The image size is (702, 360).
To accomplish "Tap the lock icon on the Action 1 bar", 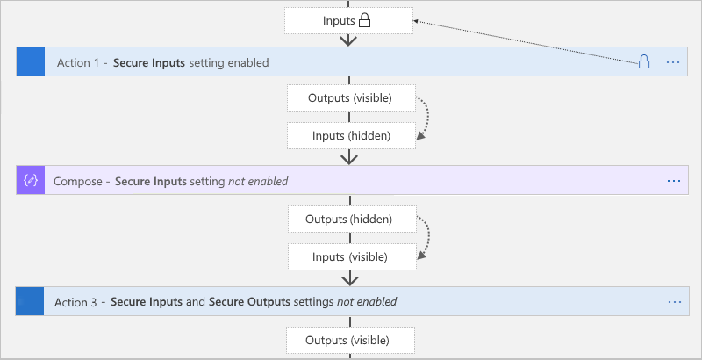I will [643, 62].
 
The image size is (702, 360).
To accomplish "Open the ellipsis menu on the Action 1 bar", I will [673, 62].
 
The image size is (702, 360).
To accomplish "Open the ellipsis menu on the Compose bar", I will [673, 180].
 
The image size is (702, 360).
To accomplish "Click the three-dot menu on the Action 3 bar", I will [674, 301].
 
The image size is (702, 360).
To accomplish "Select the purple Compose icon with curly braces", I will [31, 180].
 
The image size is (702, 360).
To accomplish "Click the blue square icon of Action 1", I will [31, 62].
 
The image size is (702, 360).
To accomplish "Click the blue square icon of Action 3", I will [31, 301].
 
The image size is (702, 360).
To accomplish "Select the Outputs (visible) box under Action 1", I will [350, 97].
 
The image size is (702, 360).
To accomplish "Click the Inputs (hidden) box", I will [350, 135].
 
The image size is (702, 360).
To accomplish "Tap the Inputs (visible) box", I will [350, 256].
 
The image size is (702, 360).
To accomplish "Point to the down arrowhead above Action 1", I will [350, 40].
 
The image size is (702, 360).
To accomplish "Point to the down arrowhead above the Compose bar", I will [350, 158].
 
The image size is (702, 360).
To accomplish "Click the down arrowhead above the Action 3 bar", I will [350, 278].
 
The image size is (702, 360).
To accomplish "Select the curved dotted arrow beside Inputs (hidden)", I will [424, 116].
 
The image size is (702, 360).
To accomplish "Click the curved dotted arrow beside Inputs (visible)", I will [424, 237].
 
